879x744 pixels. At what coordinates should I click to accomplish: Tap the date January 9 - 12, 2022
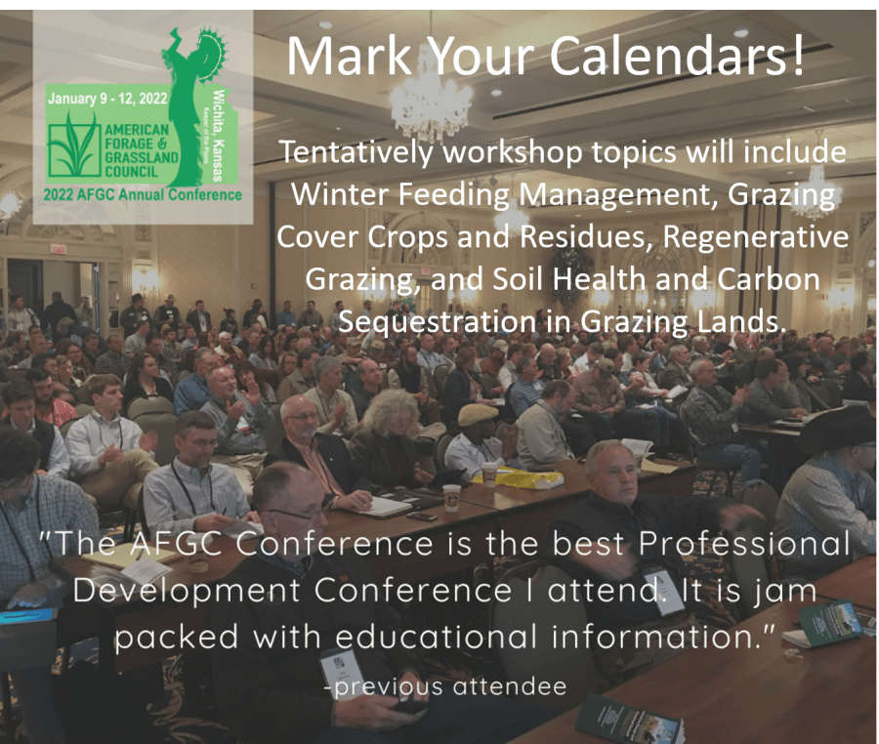[x=107, y=99]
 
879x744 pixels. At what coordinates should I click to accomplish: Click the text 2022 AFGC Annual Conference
[x=143, y=195]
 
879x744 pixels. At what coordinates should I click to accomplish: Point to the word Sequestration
[x=438, y=321]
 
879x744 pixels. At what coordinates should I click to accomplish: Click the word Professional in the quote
[x=744, y=544]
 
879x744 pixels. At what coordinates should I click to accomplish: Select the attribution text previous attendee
[x=446, y=686]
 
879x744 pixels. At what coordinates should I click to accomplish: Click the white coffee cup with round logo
[x=451, y=498]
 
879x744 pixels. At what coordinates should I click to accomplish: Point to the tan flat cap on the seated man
[x=478, y=415]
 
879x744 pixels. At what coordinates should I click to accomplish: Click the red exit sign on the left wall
[x=55, y=248]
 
